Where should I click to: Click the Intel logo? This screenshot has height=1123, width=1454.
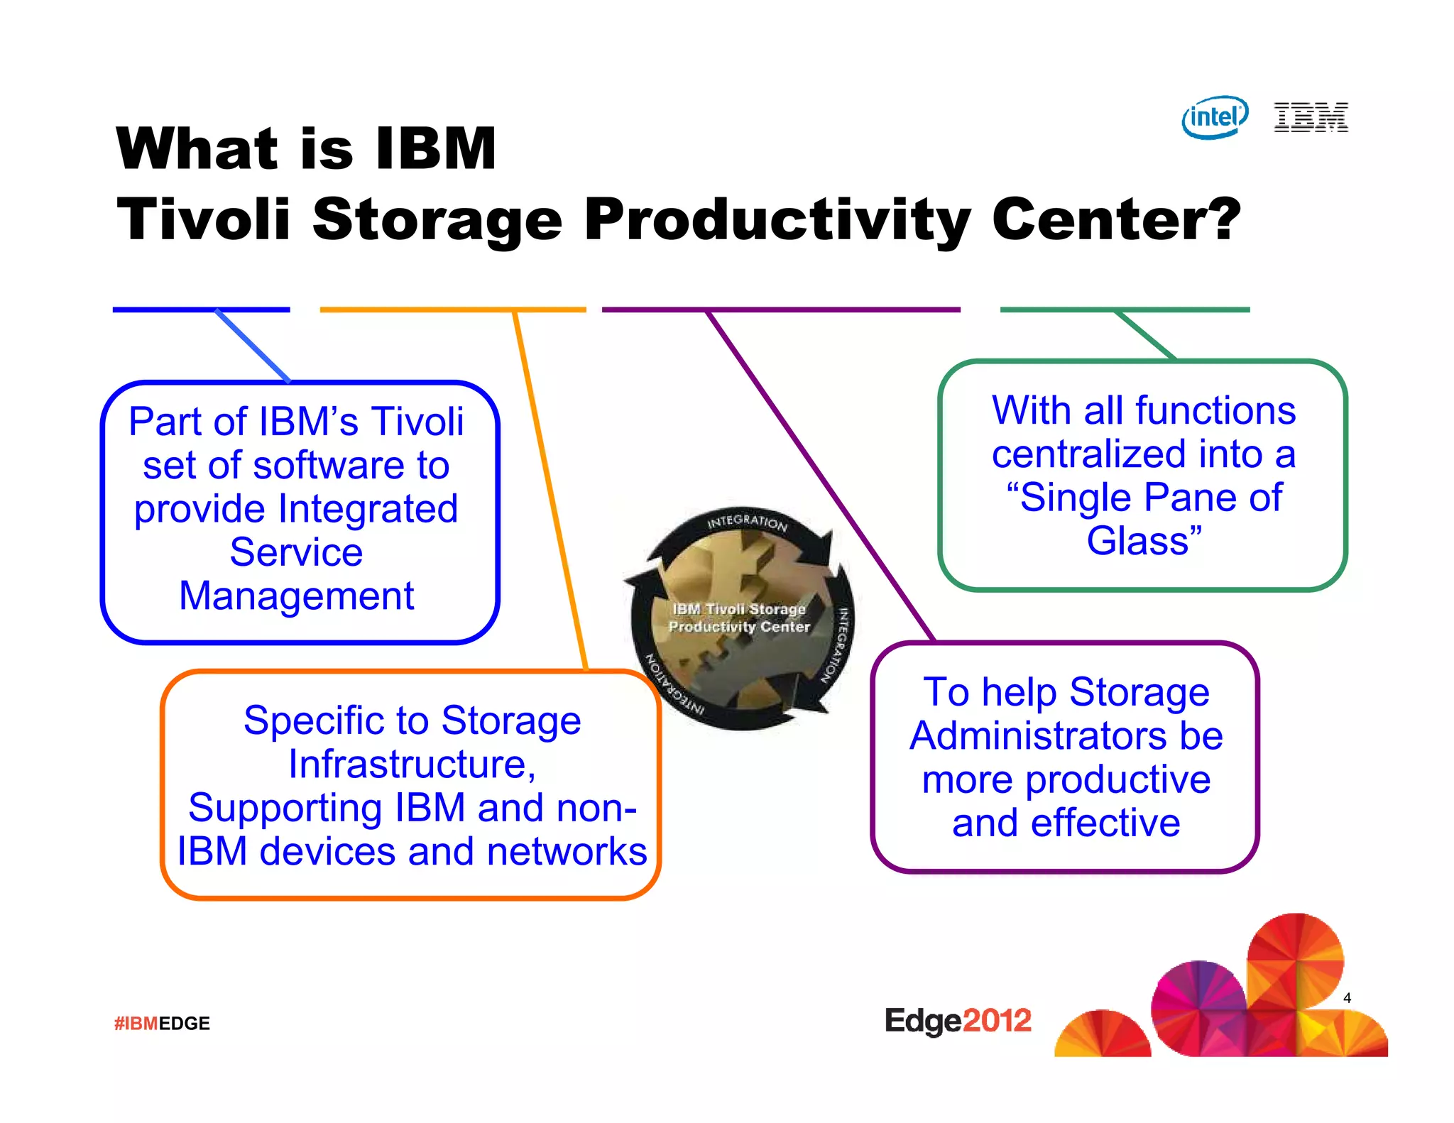click(x=1214, y=117)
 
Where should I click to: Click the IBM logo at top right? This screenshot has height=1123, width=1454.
click(x=1311, y=117)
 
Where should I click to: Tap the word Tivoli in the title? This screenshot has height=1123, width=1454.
click(x=204, y=219)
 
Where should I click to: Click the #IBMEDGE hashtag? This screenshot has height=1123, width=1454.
click(x=162, y=1023)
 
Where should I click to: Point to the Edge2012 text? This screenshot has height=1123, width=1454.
click(x=957, y=1021)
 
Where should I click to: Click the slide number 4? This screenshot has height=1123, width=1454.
click(x=1347, y=997)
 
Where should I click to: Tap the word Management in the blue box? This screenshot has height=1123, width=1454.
click(x=296, y=596)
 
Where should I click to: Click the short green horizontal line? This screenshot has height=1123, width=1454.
click(x=1125, y=309)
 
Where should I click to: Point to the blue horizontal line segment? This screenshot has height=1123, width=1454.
click(x=201, y=309)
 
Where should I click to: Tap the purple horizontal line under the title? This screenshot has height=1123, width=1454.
click(x=781, y=309)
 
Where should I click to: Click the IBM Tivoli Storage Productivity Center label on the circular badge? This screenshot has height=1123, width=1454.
click(x=739, y=618)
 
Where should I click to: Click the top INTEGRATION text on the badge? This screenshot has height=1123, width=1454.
click(x=747, y=522)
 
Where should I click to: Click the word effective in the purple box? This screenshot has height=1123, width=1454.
click(x=1105, y=823)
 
